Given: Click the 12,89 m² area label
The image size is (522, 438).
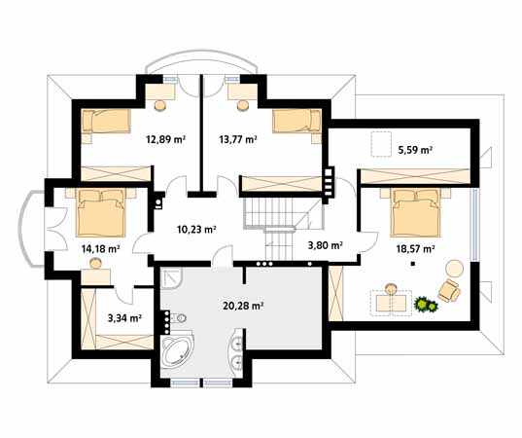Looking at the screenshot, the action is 165,139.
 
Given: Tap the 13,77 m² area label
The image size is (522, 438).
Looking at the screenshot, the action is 238,139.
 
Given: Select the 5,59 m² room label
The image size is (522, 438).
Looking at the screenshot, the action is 415,150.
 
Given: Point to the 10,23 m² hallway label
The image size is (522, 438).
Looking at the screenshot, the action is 196,230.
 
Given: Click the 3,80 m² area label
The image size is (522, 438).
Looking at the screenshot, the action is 326,245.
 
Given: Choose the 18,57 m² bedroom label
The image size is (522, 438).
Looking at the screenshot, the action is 415,248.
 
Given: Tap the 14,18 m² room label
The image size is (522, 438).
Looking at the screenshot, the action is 100,248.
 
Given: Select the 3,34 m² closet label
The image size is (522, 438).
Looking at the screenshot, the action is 124,318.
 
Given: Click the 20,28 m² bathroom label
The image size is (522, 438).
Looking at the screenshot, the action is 243,306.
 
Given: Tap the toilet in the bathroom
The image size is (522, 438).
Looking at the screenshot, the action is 179,318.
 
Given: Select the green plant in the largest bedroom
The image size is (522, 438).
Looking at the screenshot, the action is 426,304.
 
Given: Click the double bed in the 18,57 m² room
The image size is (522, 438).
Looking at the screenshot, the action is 416,212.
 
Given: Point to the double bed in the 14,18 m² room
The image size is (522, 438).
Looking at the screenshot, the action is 101,212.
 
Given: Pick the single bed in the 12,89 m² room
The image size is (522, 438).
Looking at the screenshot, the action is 106,121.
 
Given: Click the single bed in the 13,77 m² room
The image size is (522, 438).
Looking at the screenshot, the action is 296,121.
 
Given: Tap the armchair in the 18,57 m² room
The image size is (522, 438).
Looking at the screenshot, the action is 449,290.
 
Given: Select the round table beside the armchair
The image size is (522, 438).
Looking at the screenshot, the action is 454,269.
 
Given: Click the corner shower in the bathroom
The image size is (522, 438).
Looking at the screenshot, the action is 172,278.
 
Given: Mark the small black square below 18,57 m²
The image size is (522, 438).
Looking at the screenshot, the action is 413,264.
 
